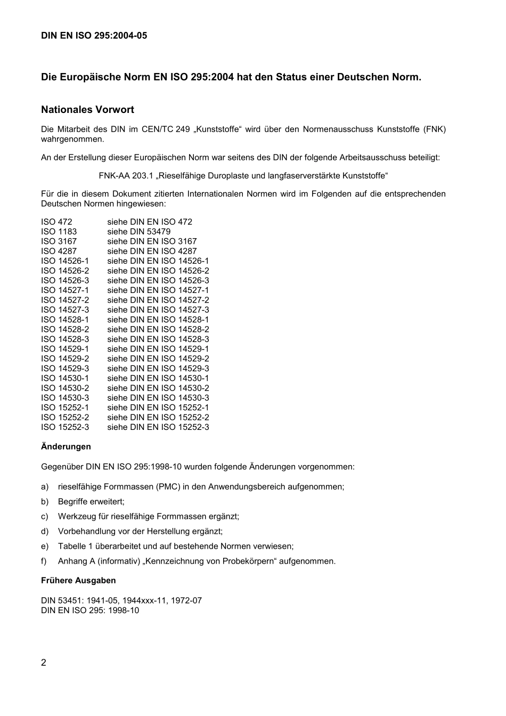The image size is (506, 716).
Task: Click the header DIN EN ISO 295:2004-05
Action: (94, 36)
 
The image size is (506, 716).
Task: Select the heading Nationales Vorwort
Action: (87, 110)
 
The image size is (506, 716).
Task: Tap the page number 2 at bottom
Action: (44, 663)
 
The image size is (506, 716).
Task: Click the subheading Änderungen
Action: (66, 446)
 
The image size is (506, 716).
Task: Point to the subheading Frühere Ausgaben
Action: (78, 580)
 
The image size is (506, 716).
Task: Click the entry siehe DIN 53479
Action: (138, 231)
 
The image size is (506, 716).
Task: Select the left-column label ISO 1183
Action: (59, 231)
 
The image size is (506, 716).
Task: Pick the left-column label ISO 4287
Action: (59, 251)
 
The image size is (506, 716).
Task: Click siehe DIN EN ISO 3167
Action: (152, 241)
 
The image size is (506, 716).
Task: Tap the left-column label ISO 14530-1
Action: (65, 378)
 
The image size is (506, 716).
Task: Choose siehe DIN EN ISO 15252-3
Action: (158, 427)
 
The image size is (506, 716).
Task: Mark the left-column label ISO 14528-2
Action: (65, 329)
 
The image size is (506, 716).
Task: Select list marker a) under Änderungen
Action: (45, 486)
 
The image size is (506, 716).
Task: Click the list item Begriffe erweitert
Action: (91, 501)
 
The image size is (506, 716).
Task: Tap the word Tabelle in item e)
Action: (72, 546)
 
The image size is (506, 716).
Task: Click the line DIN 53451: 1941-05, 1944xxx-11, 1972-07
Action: (121, 600)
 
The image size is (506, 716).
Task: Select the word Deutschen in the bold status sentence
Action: (363, 77)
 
